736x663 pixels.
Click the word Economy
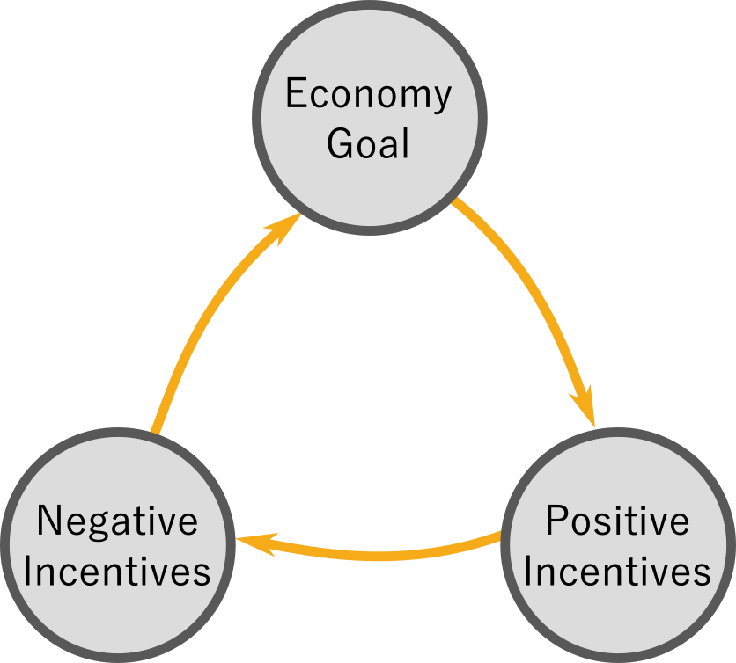pos(368,93)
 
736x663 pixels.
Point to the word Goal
pos(368,143)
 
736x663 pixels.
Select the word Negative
pos(117,522)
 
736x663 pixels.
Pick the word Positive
pos(617,521)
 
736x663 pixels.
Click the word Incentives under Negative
pos(117,572)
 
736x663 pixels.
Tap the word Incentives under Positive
pos(617,572)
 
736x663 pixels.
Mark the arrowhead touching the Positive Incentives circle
pos(585,409)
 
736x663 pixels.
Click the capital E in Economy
pos(295,93)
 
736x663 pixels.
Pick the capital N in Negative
pos(48,522)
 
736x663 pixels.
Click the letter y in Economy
pos(441,97)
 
